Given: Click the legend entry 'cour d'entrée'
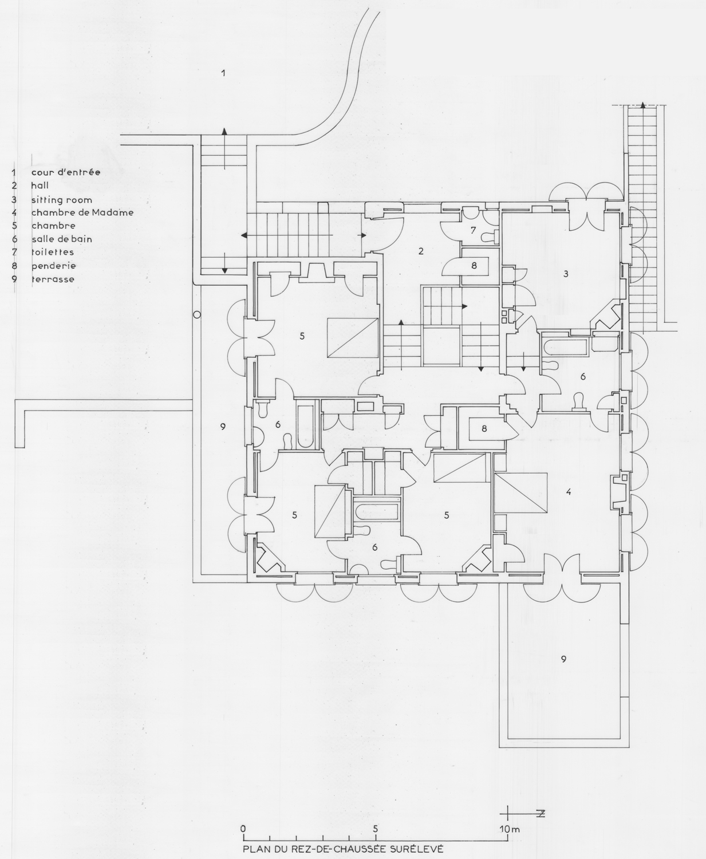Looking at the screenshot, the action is pyautogui.click(x=65, y=172).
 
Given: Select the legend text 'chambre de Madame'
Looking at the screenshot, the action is pyautogui.click(x=82, y=212).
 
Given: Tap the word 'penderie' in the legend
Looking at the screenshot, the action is pyautogui.click(x=53, y=266).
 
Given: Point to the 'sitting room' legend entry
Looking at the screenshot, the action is pyautogui.click(x=61, y=200).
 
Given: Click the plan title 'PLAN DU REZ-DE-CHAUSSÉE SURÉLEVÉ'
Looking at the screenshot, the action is pyautogui.click(x=343, y=849).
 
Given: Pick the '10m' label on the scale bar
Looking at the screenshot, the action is pyautogui.click(x=510, y=829).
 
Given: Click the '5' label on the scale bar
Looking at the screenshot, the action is pyautogui.click(x=376, y=829).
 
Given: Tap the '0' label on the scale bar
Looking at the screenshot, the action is pyautogui.click(x=243, y=829).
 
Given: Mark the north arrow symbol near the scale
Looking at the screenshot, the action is pyautogui.click(x=523, y=814).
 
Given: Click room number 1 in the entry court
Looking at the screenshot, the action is pyautogui.click(x=223, y=73).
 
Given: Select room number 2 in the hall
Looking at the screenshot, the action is pyautogui.click(x=421, y=251).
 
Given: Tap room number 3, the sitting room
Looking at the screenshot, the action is pyautogui.click(x=566, y=274).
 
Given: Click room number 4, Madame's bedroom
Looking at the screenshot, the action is pyautogui.click(x=569, y=491).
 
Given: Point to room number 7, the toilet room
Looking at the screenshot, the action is pyautogui.click(x=473, y=230).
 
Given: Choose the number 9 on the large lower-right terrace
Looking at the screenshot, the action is pyautogui.click(x=563, y=659).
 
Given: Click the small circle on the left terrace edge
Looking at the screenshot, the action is pyautogui.click(x=196, y=314).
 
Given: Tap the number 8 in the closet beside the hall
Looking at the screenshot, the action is pyautogui.click(x=474, y=266).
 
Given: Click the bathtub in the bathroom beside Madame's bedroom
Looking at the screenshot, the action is pyautogui.click(x=566, y=347).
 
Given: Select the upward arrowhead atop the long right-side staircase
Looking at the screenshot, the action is pyautogui.click(x=643, y=105).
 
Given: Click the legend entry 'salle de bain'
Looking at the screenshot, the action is pyautogui.click(x=61, y=239).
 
